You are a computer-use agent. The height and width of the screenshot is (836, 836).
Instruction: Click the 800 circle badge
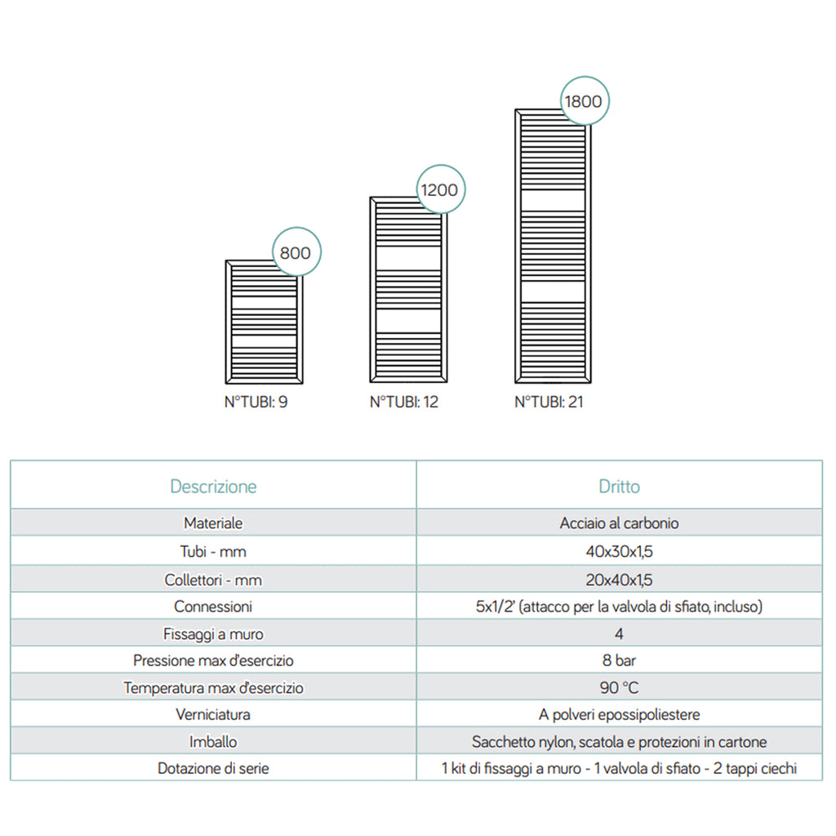click(295, 253)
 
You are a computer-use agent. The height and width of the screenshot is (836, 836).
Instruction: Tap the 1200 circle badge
click(439, 190)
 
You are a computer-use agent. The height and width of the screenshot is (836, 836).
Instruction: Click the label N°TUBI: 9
click(256, 402)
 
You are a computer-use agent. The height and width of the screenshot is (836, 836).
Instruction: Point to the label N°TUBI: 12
click(403, 402)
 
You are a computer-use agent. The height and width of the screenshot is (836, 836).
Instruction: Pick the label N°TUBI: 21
click(549, 402)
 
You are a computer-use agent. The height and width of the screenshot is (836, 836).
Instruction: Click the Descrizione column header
click(213, 487)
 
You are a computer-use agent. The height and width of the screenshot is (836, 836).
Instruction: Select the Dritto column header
click(619, 487)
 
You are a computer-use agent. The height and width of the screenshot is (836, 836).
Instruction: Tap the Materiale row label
click(213, 523)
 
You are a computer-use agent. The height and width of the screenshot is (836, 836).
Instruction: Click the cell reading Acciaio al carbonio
click(619, 523)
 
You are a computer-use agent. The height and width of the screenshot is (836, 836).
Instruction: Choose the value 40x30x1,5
click(619, 552)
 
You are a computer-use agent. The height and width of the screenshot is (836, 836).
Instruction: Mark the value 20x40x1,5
click(619, 580)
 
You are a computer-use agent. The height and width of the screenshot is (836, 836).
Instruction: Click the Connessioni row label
click(213, 607)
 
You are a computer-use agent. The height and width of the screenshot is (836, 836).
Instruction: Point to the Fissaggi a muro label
click(213, 634)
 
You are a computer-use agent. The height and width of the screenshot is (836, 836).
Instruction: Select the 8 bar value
click(619, 660)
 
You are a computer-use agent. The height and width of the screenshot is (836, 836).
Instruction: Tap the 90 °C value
click(619, 687)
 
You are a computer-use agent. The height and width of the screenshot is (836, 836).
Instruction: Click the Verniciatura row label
click(213, 714)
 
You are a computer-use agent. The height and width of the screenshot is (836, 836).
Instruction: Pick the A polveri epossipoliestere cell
click(619, 714)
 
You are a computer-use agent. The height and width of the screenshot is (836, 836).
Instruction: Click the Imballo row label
click(213, 742)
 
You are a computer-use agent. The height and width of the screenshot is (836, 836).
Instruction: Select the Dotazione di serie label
click(213, 768)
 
